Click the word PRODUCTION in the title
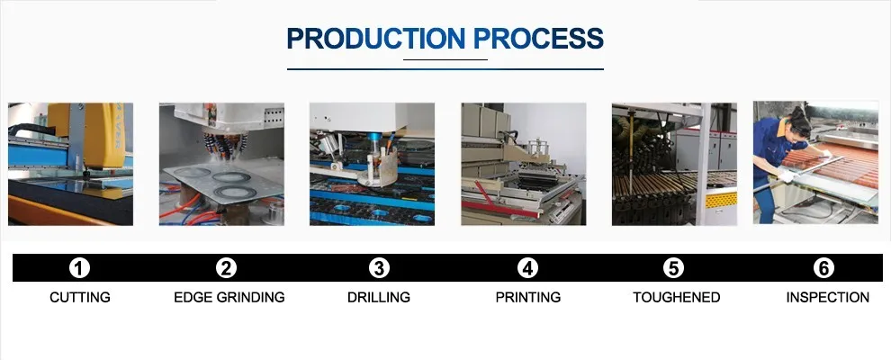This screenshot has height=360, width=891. pyautogui.click(x=374, y=38)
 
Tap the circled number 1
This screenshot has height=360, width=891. pyautogui.click(x=80, y=267)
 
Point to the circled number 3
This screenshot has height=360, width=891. pyautogui.click(x=379, y=267)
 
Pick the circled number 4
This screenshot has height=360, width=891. pyautogui.click(x=527, y=267)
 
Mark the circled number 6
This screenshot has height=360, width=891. pyautogui.click(x=823, y=267)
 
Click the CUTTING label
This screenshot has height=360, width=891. pyautogui.click(x=80, y=297)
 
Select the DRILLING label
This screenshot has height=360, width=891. pyautogui.click(x=379, y=297)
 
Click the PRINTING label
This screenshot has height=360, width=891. pyautogui.click(x=527, y=297)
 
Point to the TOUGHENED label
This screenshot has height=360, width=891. pyautogui.click(x=676, y=297)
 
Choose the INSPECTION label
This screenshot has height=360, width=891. pyautogui.click(x=827, y=297)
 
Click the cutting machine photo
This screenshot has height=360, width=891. pyautogui.click(x=70, y=164)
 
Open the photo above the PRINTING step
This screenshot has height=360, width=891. pyautogui.click(x=523, y=164)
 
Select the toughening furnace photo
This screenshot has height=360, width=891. pyautogui.click(x=674, y=164)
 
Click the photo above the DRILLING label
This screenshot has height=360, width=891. pyautogui.click(x=372, y=164)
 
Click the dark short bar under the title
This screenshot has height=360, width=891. pyautogui.click(x=445, y=59)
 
